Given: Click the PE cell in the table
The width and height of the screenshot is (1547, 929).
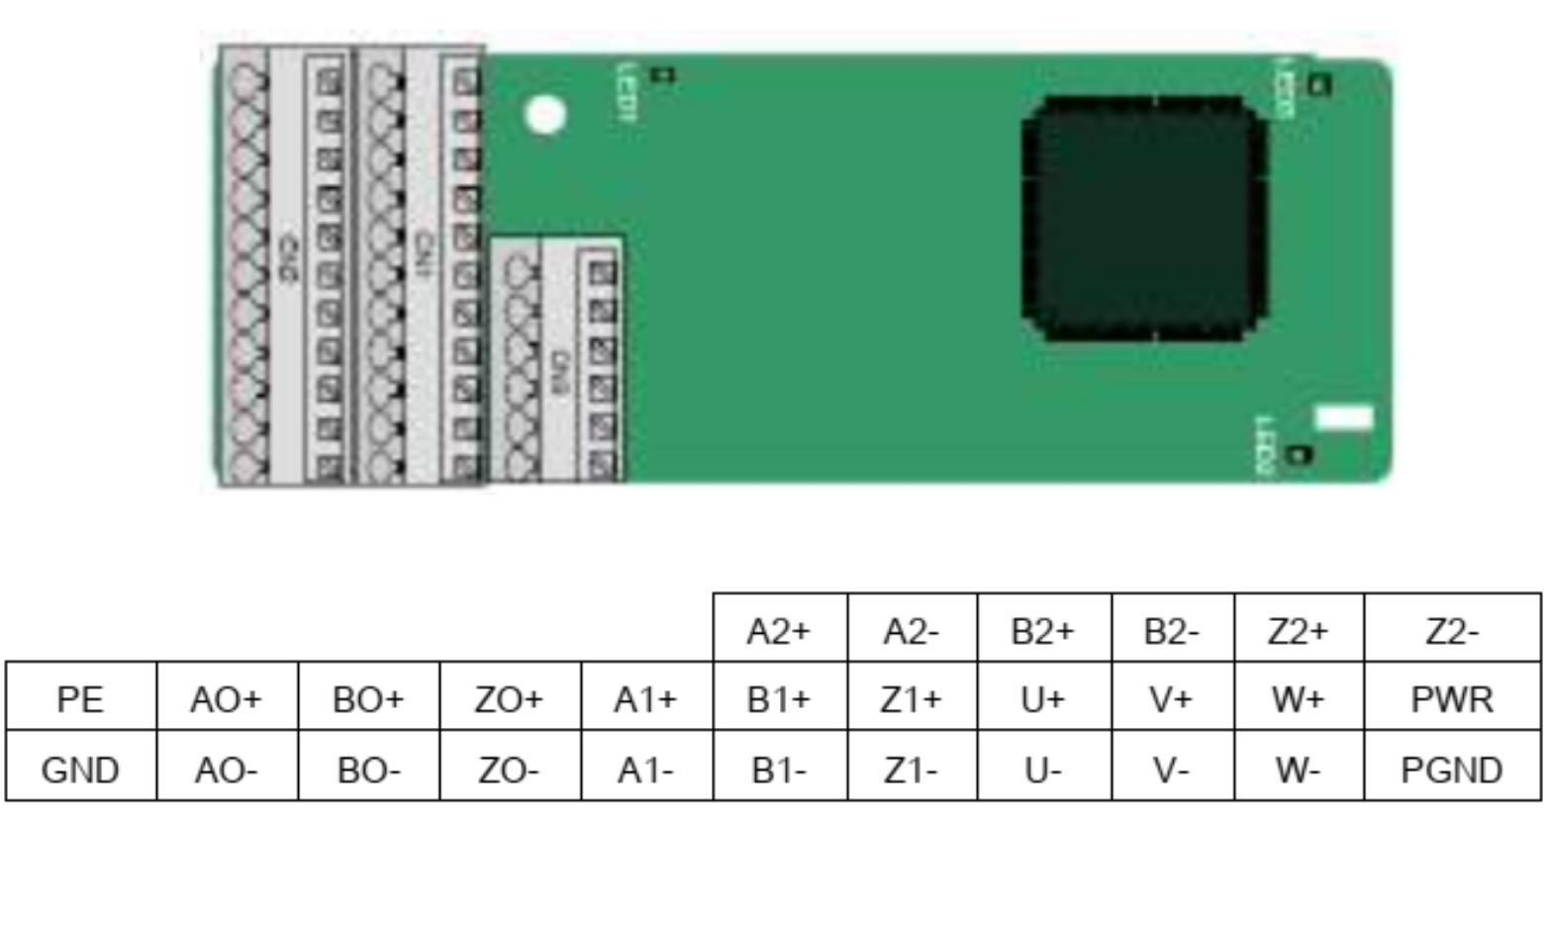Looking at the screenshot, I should pos(80,699).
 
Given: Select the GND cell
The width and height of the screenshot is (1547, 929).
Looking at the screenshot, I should pos(80,769).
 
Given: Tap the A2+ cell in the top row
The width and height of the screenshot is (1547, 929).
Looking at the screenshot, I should pos(779,630).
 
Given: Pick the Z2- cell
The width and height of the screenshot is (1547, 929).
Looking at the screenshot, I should pos(1451,630).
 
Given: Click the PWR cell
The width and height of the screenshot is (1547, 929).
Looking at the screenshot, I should pos(1451,699).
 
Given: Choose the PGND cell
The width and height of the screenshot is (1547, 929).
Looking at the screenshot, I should pos(1451,769).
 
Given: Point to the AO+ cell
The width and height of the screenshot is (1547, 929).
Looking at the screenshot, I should pos(227,699).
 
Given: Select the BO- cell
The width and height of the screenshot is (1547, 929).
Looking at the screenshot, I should pos(368,769).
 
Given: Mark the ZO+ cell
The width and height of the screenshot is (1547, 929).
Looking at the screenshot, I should pos(509,699).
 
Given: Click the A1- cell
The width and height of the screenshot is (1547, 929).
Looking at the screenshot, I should pos(645,769).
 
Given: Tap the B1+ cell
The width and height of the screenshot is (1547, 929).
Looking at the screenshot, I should pos(779,699).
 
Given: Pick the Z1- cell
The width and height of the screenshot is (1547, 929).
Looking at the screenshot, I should pos(911,769).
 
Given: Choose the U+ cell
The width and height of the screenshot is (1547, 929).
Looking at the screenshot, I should pos(1043,699).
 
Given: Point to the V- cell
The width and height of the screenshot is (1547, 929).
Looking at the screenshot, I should pos(1172,769).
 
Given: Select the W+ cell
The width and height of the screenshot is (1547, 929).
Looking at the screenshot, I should pos(1298,699).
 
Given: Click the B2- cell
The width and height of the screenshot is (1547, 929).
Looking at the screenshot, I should pos(1172,630).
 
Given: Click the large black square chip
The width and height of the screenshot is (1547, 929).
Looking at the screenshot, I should pos(1144,219).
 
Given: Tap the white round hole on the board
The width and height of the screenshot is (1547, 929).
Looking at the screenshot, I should pos(544,115).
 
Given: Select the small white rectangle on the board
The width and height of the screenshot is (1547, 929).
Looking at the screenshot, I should pos(1343,418).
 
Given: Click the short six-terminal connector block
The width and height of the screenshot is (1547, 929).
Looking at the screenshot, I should pos(557,360).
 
